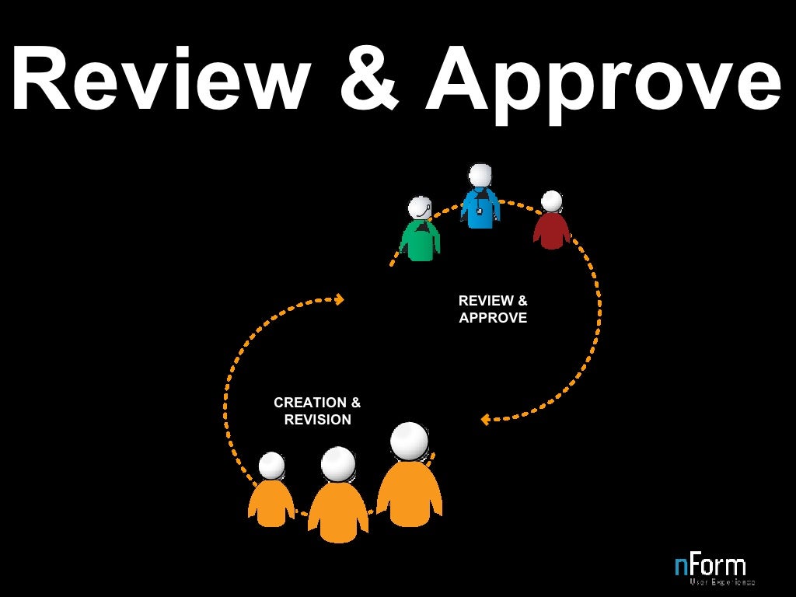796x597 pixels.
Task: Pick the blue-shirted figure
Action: click(x=480, y=202)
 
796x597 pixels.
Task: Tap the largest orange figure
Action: click(x=410, y=482)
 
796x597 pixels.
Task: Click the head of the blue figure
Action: click(x=480, y=175)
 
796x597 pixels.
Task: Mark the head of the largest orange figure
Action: click(x=410, y=441)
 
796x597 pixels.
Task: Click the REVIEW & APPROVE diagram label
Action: click(x=493, y=309)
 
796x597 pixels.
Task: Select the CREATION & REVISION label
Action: click(x=317, y=411)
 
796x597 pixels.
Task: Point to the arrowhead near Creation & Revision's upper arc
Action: click(x=339, y=298)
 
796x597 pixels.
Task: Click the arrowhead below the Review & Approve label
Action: click(x=485, y=420)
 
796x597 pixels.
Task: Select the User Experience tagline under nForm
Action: click(x=721, y=581)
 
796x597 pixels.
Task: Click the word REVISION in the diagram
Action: click(x=317, y=420)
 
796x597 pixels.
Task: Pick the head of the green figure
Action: click(x=420, y=208)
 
